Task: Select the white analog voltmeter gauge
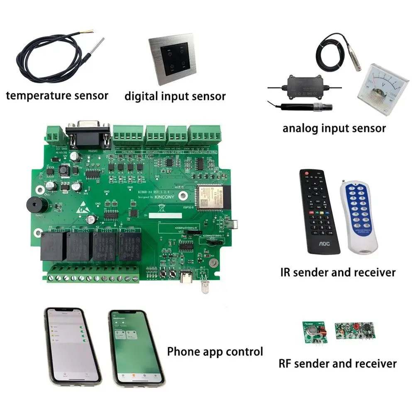pyautogui.click(x=377, y=83)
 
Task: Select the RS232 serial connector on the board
pyautogui.click(x=88, y=134)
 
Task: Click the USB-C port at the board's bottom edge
pyautogui.click(x=183, y=277)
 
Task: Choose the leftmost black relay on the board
pyautogui.click(x=52, y=246)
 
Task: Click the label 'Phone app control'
pyautogui.click(x=215, y=352)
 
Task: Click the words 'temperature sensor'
pyautogui.click(x=57, y=95)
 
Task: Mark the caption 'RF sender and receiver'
pyautogui.click(x=337, y=364)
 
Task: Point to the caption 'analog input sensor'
pyautogui.click(x=334, y=128)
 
